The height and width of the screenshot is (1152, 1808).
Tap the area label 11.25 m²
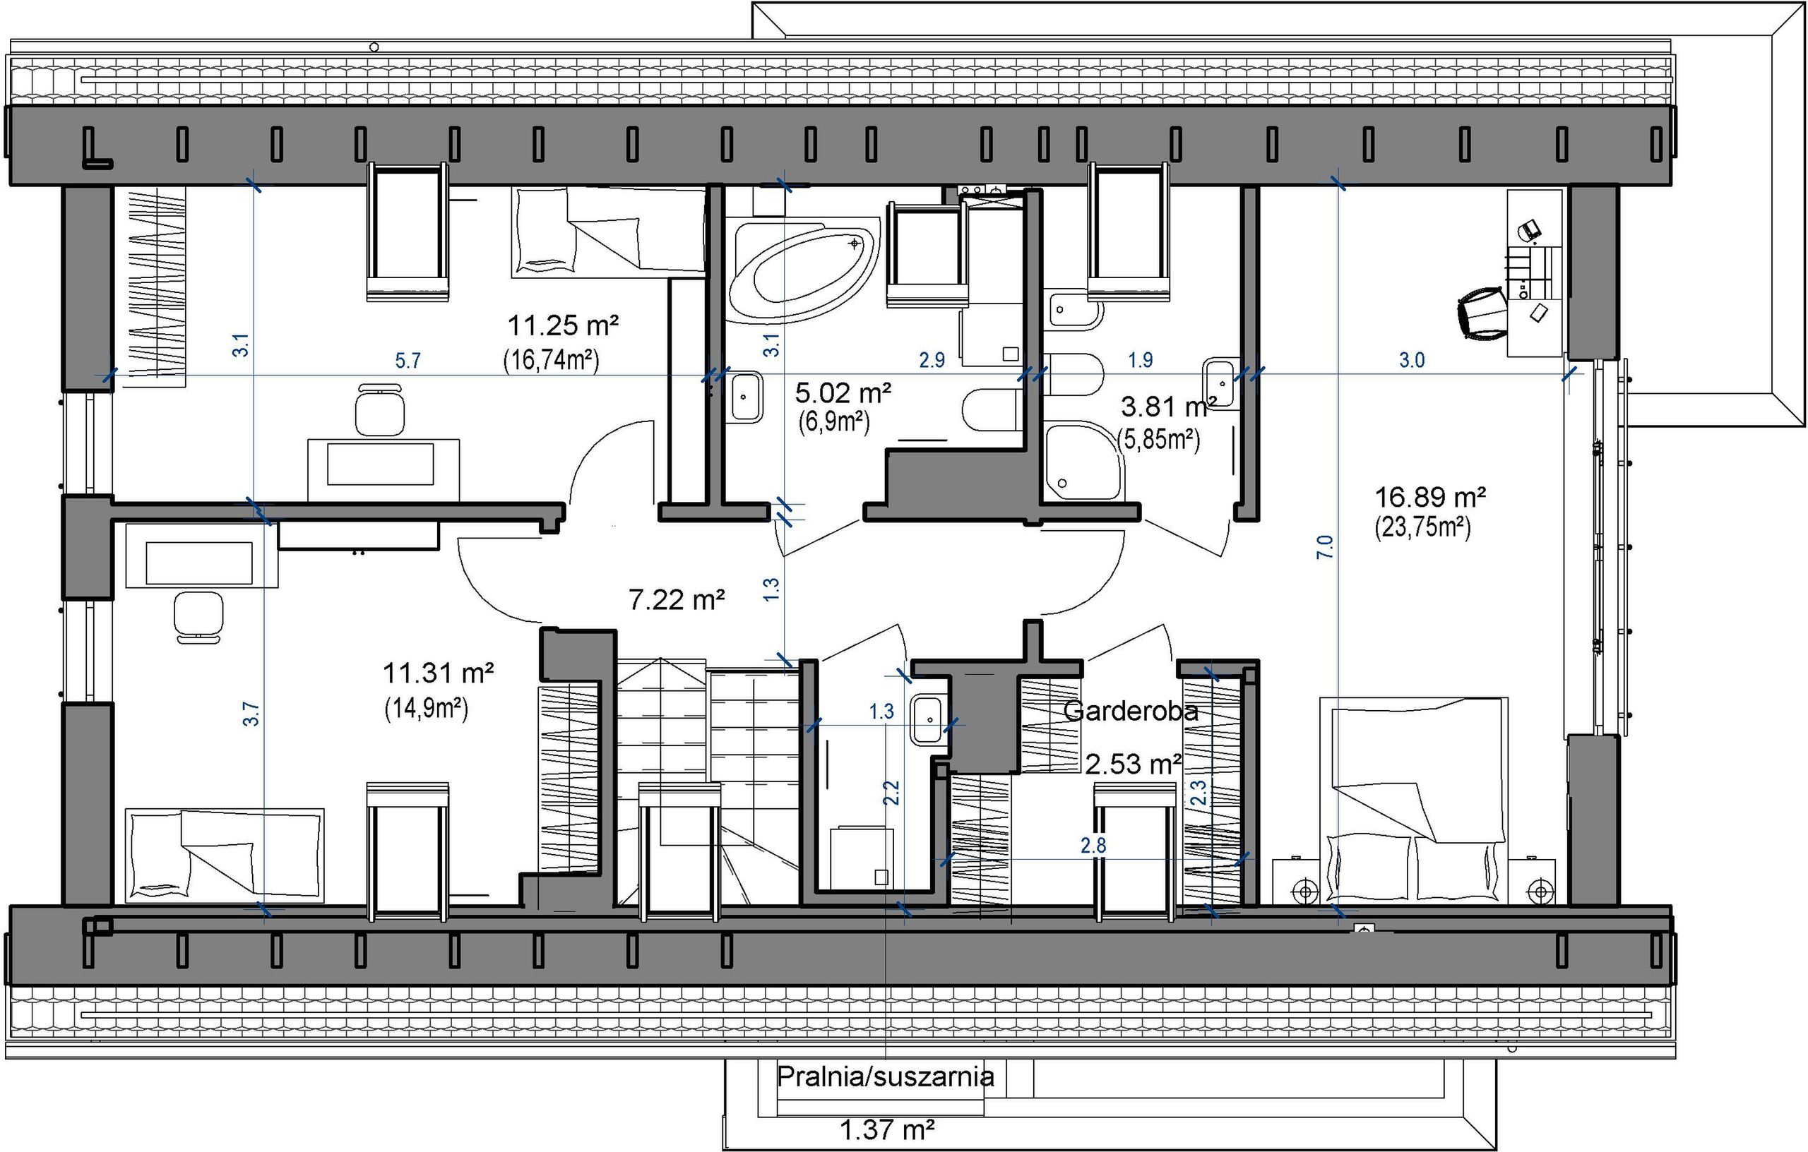563,325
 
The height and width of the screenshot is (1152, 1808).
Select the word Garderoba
1131,711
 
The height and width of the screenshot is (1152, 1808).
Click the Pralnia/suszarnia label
885,1077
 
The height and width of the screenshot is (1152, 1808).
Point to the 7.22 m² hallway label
677,599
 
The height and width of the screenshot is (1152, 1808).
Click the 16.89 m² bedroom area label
1430,496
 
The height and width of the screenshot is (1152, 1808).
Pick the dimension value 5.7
408,361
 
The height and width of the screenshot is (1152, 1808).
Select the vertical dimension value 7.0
1325,546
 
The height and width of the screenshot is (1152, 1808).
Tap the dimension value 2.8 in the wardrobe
1093,846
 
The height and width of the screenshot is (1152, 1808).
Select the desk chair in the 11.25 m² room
379,408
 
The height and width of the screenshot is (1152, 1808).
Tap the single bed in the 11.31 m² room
225,855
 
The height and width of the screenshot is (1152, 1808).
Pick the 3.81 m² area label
1168,407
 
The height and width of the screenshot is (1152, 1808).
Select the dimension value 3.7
251,713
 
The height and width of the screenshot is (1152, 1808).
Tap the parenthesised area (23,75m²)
1423,527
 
